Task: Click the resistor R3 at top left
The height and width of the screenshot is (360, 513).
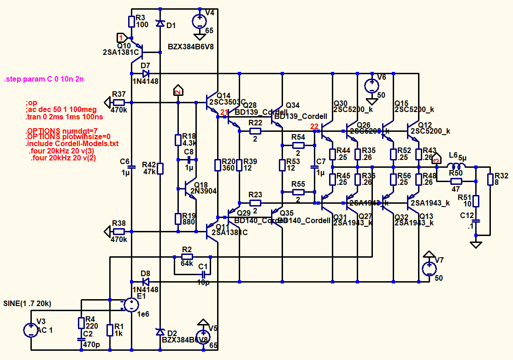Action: [132, 21]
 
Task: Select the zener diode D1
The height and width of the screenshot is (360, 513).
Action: [160, 23]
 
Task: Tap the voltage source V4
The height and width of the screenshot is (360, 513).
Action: [200, 21]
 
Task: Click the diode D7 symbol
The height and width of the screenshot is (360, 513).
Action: [146, 73]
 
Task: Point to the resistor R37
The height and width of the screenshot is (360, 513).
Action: [119, 102]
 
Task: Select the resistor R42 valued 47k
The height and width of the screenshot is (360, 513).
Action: [160, 168]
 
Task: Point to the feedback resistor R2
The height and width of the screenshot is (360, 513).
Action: [187, 256]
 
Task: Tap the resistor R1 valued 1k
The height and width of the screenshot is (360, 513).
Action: [110, 330]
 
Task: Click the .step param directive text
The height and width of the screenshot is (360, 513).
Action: [44, 79]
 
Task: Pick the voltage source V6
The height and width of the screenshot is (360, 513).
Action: [371, 86]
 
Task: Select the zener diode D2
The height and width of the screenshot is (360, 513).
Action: [160, 332]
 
